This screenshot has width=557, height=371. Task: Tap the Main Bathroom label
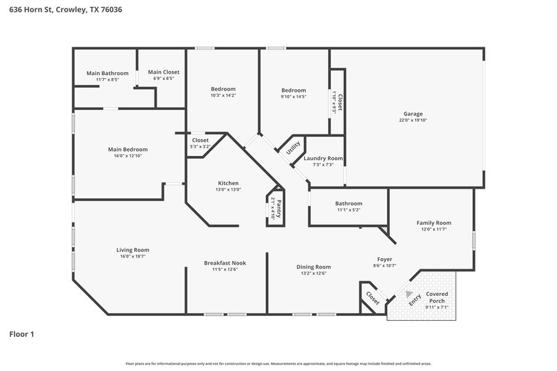107,73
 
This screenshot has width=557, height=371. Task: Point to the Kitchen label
228,183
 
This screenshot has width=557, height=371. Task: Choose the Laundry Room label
323,158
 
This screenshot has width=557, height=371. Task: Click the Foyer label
384,259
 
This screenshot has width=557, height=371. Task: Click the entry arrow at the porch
409,294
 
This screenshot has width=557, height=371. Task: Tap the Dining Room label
313,267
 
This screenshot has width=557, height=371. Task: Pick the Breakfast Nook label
225,262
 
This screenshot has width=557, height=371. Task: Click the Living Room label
132,250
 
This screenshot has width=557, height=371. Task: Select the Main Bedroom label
127,149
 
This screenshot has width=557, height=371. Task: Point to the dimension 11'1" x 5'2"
349,210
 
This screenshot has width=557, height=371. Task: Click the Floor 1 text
21,334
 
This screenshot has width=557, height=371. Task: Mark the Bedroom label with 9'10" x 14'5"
294,90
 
